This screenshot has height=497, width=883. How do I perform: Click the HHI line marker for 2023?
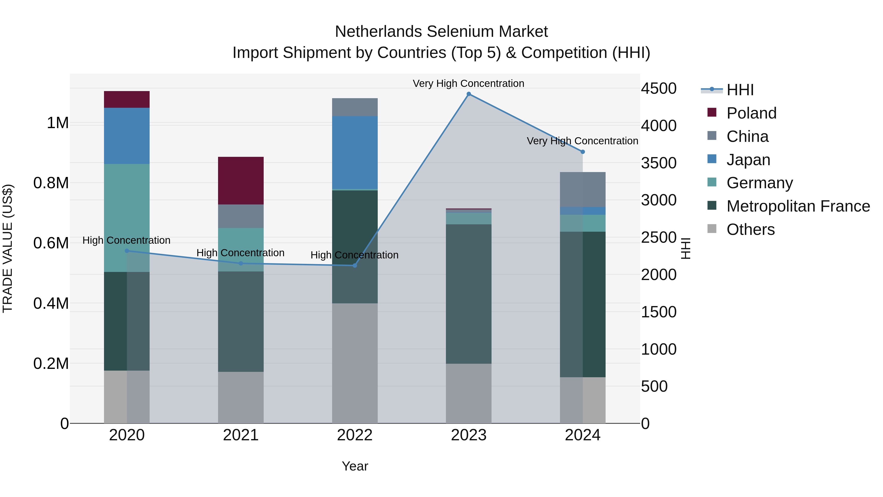click(468, 94)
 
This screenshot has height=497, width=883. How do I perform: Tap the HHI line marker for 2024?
click(582, 152)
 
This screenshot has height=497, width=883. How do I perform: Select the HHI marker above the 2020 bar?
click(127, 251)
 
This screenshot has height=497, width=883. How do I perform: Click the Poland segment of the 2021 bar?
click(241, 180)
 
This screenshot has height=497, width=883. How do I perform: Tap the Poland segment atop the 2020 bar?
click(127, 99)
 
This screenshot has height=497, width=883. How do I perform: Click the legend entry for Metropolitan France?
click(798, 206)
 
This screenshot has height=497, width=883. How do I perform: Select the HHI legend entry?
click(740, 90)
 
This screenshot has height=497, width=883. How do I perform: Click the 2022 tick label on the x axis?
click(355, 435)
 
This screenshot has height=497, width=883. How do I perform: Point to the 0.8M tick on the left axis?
click(51, 183)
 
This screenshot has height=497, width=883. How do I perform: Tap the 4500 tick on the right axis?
click(659, 89)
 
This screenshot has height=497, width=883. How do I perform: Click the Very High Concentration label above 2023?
click(468, 83)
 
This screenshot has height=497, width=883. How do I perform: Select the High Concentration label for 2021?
click(240, 253)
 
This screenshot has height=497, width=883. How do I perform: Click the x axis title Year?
click(355, 466)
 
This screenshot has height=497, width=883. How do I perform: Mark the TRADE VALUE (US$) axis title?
click(8, 248)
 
